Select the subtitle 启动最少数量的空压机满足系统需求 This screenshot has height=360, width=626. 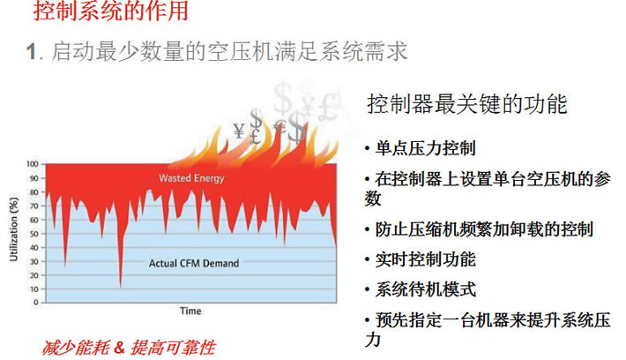[x=229, y=51]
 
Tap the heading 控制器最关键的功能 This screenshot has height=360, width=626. [x=467, y=104]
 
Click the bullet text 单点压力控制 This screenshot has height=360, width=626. [x=425, y=148]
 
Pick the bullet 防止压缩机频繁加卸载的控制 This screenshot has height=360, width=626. [x=484, y=229]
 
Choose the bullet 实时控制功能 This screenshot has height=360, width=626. [x=426, y=259]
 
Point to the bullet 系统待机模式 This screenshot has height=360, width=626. [x=426, y=289]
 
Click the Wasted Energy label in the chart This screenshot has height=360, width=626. [x=191, y=178]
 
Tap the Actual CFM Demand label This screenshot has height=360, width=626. [x=194, y=263]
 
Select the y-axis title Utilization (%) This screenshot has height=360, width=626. [x=14, y=229]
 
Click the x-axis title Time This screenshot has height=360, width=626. [x=190, y=311]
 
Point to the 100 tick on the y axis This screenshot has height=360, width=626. [x=33, y=164]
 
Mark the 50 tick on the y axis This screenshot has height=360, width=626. [x=34, y=234]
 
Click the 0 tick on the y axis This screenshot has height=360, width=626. [x=36, y=303]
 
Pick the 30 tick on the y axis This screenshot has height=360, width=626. [x=34, y=262]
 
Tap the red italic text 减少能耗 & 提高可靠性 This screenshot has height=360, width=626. [x=129, y=348]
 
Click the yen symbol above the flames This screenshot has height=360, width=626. [x=239, y=131]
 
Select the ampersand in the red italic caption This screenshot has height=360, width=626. [x=119, y=348]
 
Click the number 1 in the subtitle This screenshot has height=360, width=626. [x=32, y=52]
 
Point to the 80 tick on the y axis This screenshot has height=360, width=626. [x=34, y=192]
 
